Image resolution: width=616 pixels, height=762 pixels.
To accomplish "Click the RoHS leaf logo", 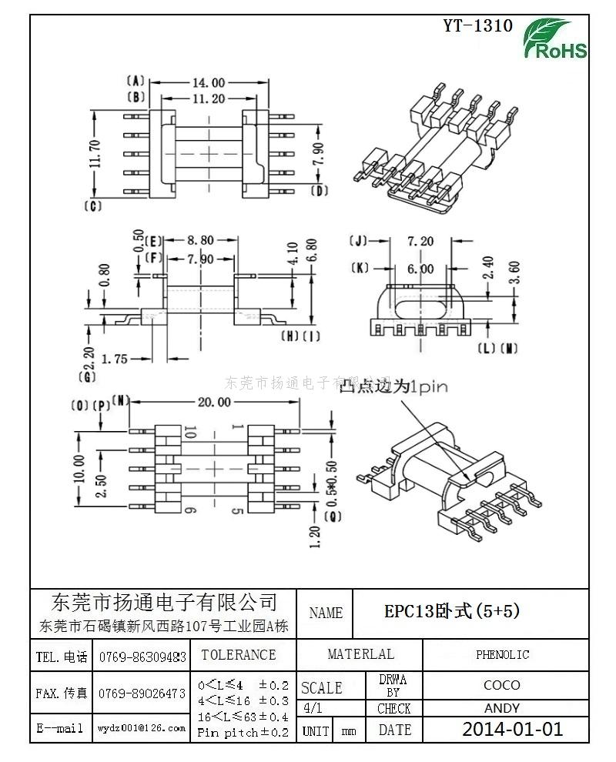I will (555, 39).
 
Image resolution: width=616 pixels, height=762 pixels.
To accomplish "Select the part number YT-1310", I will (477, 25).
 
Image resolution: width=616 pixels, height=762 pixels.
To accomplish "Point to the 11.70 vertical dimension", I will (95, 153).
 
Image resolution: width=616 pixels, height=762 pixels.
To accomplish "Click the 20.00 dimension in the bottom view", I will (213, 402).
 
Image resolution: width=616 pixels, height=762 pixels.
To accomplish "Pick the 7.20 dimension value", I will (420, 242).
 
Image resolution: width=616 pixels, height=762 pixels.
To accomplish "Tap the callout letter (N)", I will (121, 399).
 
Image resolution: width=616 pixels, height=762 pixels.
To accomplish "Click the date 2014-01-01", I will (512, 729).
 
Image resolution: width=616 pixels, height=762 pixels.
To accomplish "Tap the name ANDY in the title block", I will (502, 708).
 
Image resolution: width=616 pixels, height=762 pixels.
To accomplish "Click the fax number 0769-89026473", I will (142, 693).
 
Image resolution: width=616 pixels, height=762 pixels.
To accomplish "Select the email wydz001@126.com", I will (142, 727).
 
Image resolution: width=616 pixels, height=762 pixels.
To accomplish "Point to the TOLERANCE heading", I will (238, 655).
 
